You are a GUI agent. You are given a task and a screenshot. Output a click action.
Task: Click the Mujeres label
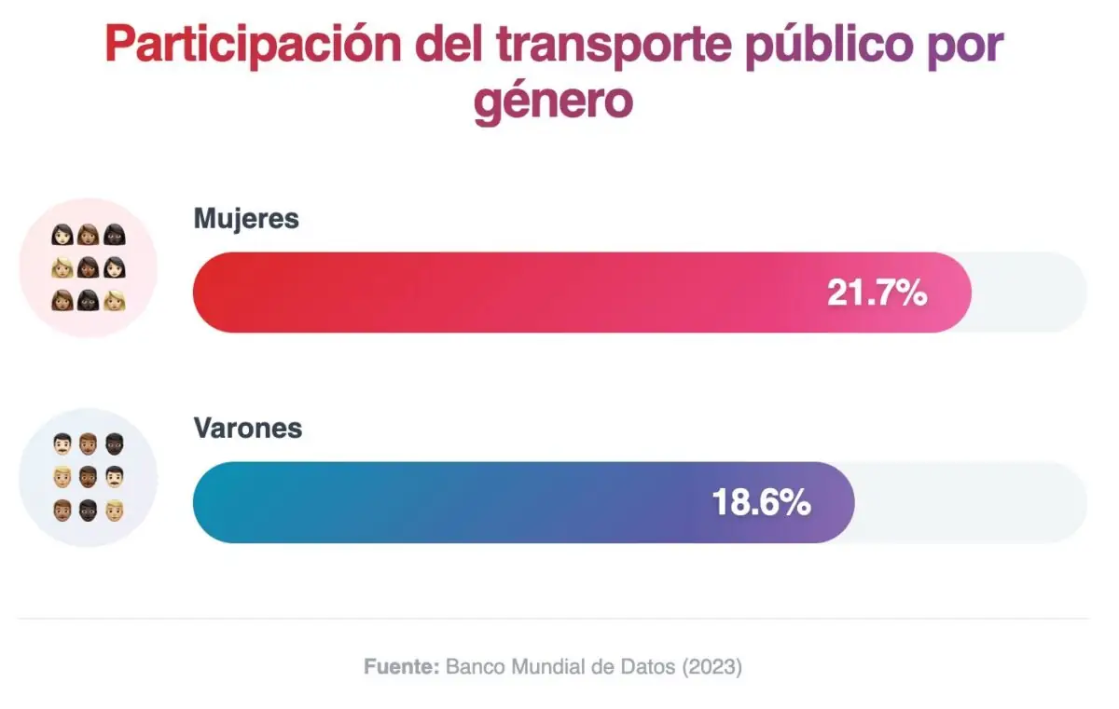(246, 219)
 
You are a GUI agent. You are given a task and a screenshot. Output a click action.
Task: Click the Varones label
(248, 429)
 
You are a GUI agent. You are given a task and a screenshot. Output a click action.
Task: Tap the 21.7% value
(877, 293)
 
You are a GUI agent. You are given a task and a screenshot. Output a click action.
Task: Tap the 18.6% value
(761, 503)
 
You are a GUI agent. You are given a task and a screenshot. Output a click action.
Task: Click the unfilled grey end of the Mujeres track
(1030, 293)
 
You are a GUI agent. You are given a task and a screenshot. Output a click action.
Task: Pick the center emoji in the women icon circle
(89, 268)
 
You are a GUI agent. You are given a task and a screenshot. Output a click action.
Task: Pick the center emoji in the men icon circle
(89, 478)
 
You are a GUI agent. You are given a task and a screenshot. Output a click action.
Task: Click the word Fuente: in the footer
(401, 667)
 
